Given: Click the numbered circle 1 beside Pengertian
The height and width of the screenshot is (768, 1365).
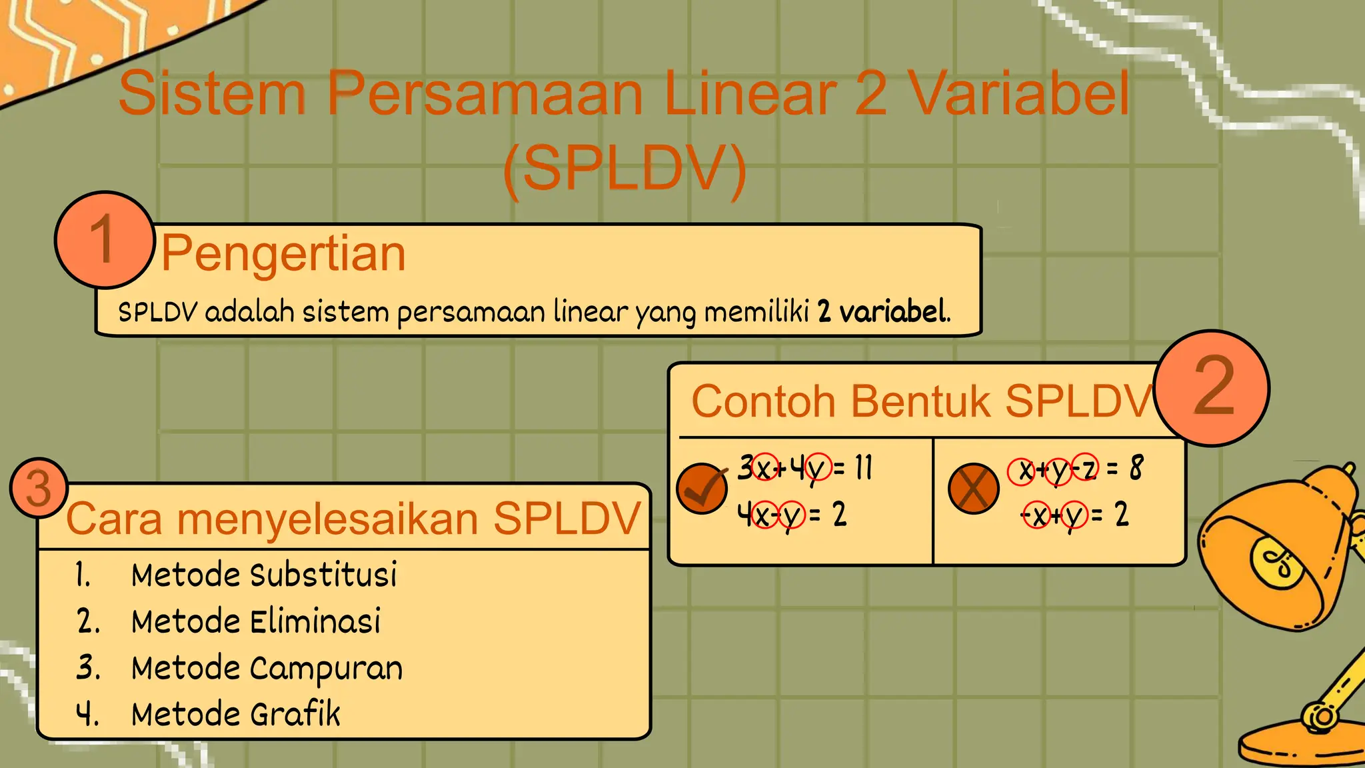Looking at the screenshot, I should point(104,240).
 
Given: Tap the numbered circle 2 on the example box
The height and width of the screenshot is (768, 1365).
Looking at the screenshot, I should point(1212,388).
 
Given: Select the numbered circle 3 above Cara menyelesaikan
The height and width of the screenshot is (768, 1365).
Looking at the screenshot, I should point(39,488).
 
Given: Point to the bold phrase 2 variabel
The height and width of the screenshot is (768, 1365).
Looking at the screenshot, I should point(882,312).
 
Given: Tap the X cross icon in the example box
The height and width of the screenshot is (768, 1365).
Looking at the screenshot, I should point(973,489).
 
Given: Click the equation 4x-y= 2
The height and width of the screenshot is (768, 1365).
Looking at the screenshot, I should point(791,515).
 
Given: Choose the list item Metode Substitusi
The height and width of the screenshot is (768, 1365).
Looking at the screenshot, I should point(263,575).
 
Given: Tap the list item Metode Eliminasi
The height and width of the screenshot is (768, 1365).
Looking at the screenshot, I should point(256,622).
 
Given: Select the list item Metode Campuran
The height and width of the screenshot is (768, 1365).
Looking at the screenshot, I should point(267,669).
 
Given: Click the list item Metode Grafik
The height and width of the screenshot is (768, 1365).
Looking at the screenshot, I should point(235,715).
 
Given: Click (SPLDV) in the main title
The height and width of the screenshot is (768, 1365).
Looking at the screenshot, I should point(625,169).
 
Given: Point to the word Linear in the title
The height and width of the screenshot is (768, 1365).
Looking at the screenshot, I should point(749,93).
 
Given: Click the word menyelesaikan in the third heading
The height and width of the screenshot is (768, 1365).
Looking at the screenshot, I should point(327,519).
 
